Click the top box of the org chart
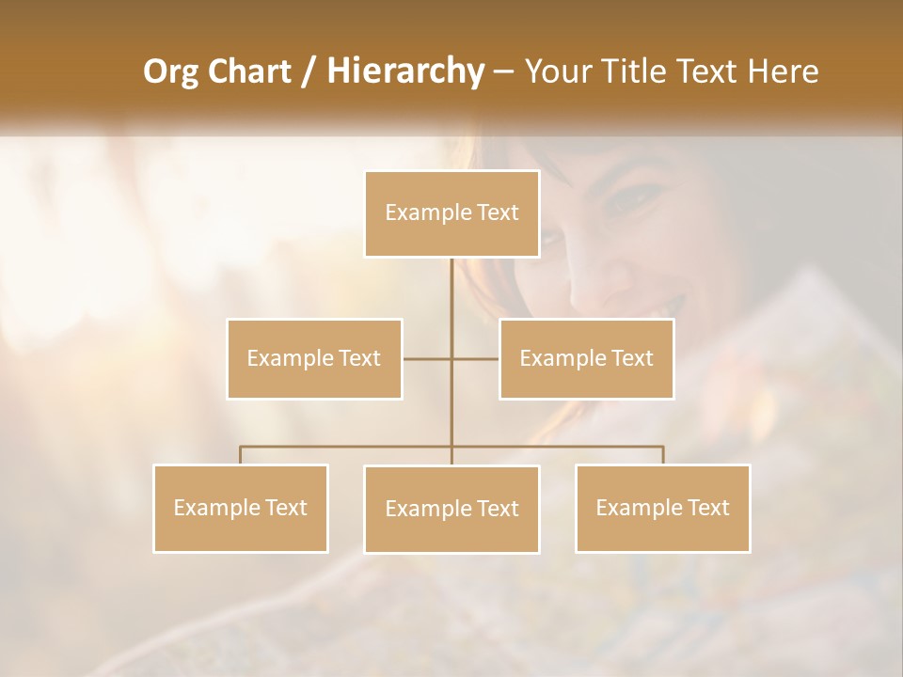click(451, 213)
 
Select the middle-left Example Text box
click(314, 358)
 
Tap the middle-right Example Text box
click(586, 358)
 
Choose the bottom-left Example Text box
click(241, 508)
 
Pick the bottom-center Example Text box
click(451, 509)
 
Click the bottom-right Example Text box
click(662, 508)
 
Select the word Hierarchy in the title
click(404, 72)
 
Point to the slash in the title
click(309, 72)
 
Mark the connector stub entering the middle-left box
click(425, 358)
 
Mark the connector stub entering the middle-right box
click(476, 358)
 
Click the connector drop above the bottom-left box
click(241, 455)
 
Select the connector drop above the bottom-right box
click(662, 455)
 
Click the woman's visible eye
click(626, 196)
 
